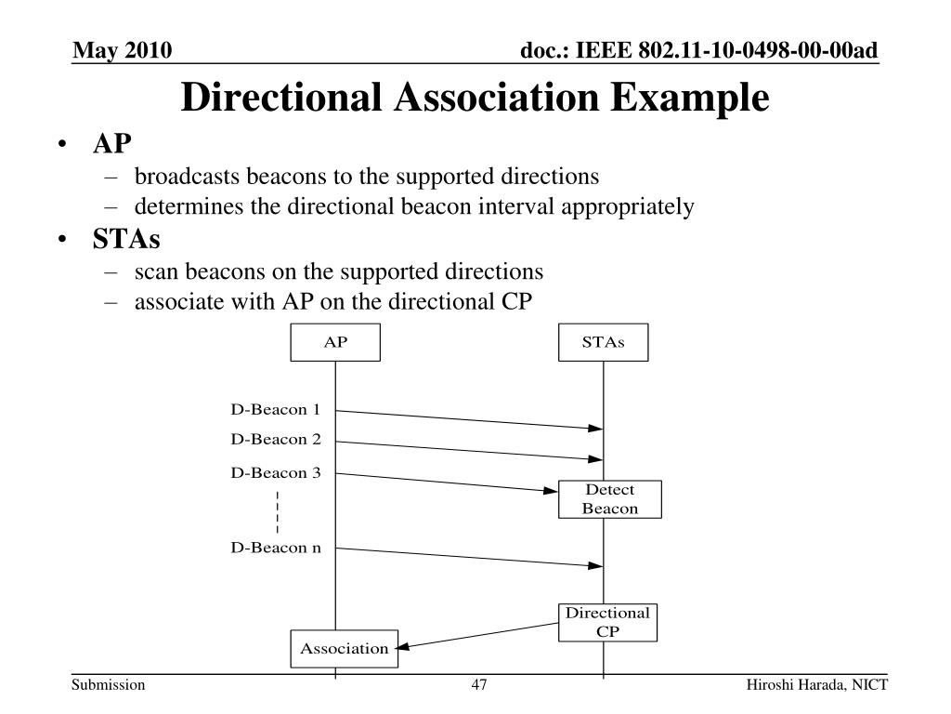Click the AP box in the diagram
pos(335,342)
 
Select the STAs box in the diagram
pos(604,342)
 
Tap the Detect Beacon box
pos(610,499)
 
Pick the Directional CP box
pos(608,622)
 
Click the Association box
pos(344,649)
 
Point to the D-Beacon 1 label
pos(276,409)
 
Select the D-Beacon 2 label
pos(276,439)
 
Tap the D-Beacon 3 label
pos(276,472)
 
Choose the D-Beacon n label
pos(276,548)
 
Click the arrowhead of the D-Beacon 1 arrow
pos(595,429)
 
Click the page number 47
pos(479,686)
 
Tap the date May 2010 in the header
pos(123,49)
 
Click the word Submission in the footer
pos(109,686)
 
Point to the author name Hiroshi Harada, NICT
pos(817,686)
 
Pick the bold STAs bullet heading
pos(126,240)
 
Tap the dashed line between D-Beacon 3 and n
pos(278,510)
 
